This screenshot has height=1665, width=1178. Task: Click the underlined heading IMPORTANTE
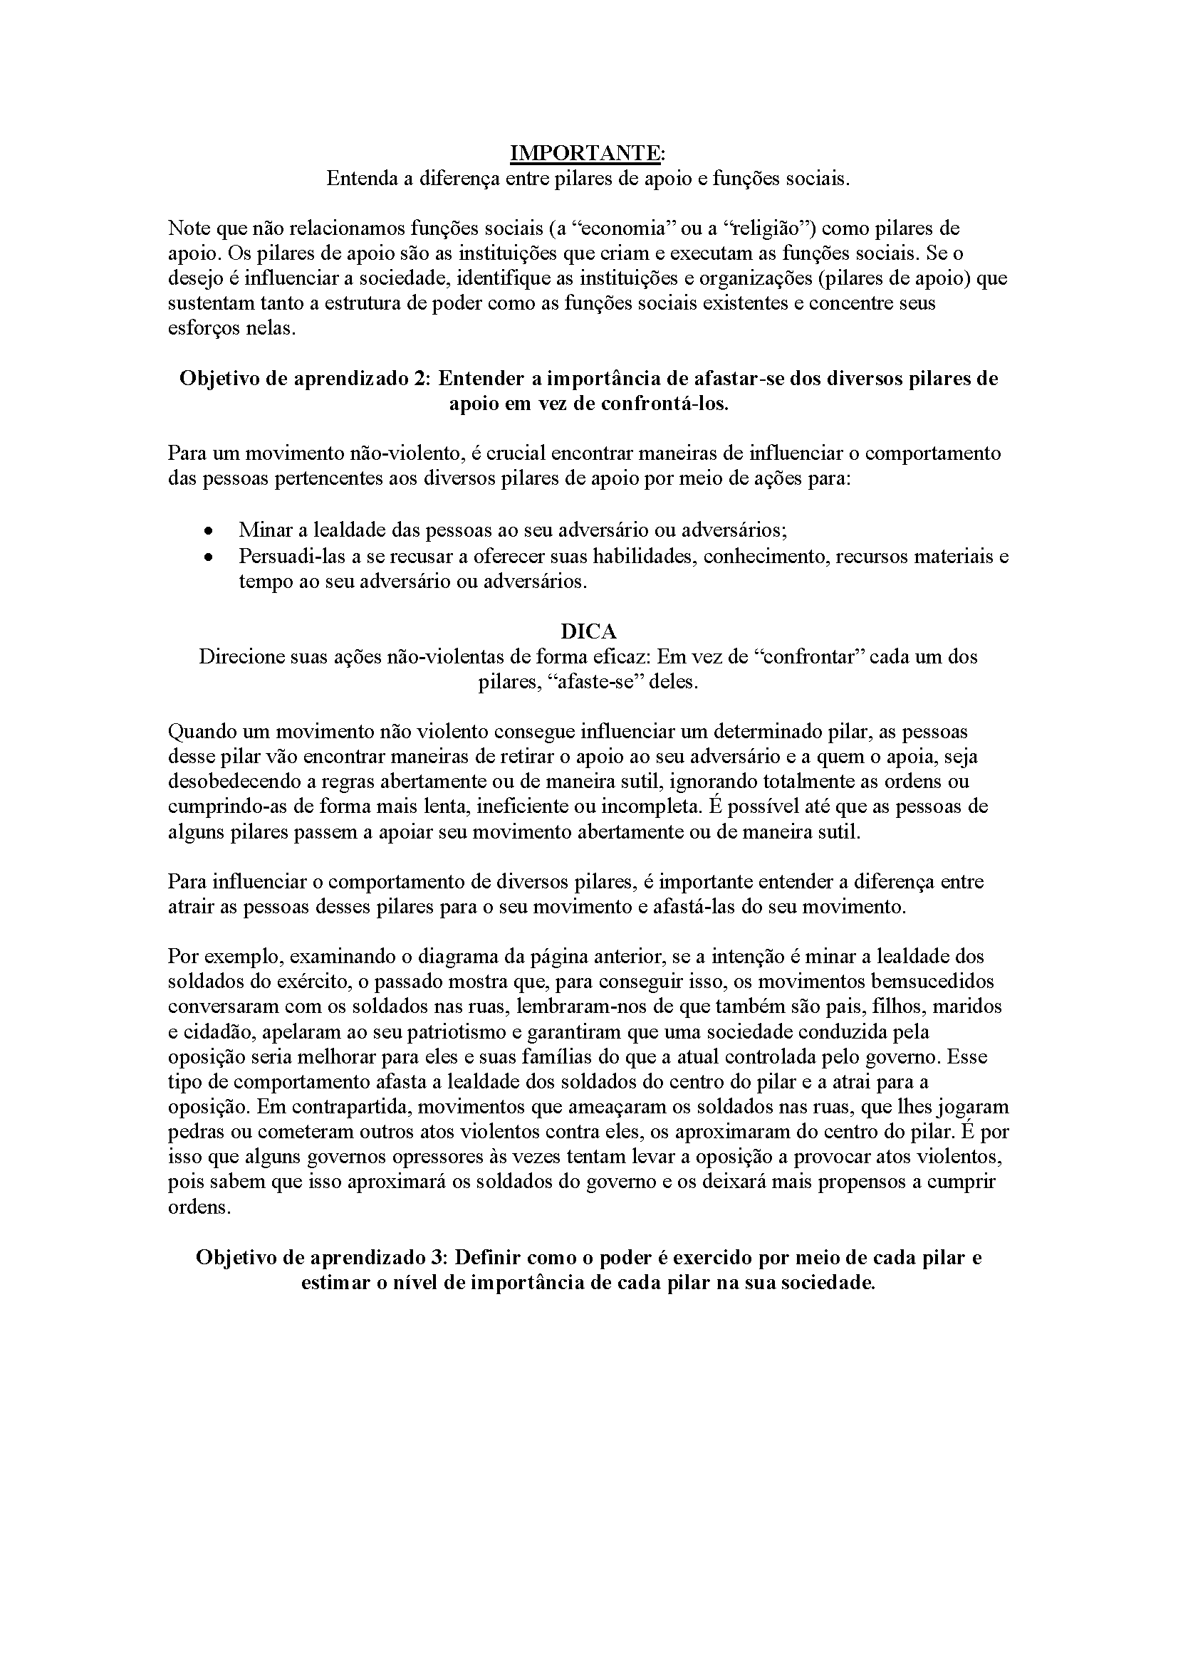[588, 153]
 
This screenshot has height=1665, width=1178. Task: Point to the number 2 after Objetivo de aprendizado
[422, 379]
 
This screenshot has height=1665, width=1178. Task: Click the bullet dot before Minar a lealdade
[209, 530]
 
